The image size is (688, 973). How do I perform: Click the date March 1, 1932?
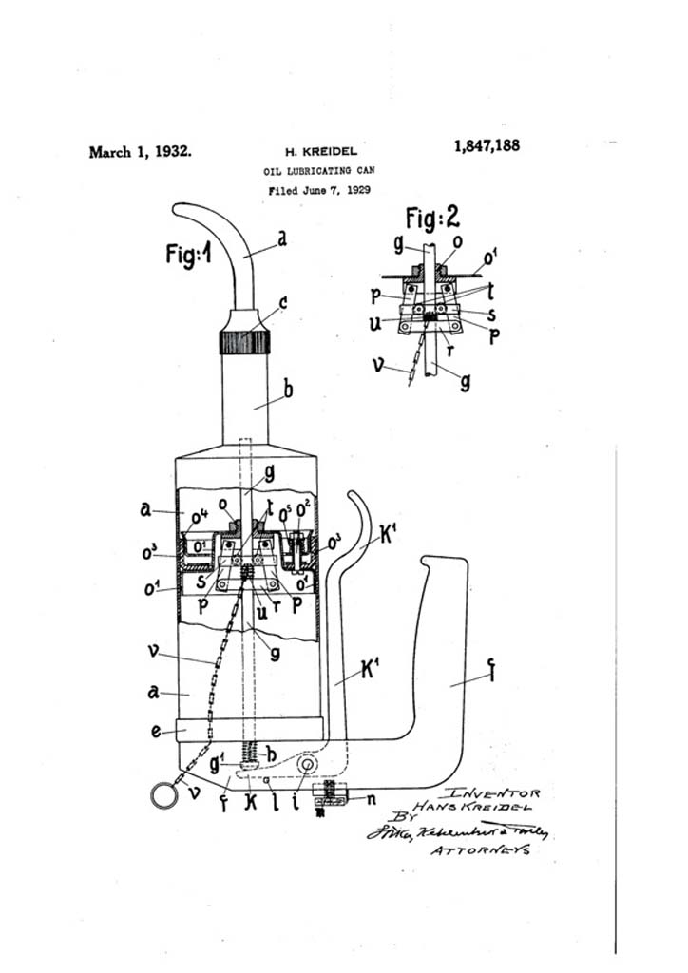click(x=140, y=151)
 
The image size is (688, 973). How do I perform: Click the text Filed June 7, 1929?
click(x=318, y=190)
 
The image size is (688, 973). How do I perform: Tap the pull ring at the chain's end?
click(x=164, y=795)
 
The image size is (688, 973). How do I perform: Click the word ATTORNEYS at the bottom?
click(x=480, y=850)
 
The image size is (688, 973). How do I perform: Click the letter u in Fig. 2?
click(x=376, y=321)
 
